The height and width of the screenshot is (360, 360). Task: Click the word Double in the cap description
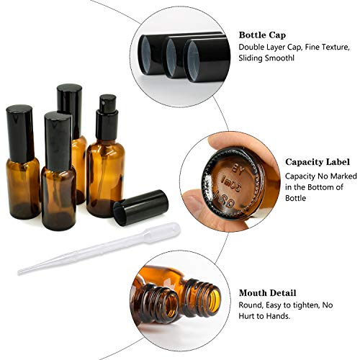click(x=252, y=48)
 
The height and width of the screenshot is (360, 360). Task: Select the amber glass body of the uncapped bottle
click(x=104, y=179)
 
